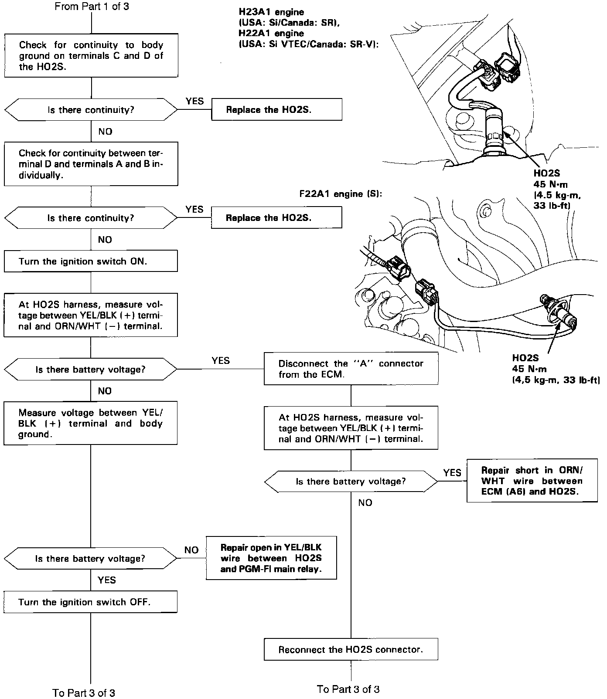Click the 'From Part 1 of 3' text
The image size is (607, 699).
click(92, 7)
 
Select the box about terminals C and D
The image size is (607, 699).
click(91, 56)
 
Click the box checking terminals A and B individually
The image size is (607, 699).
click(91, 164)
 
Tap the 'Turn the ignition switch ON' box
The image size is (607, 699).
click(91, 261)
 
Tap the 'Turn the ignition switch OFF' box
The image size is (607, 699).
click(91, 602)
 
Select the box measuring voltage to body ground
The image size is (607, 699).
click(91, 423)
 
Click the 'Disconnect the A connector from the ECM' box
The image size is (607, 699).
click(351, 369)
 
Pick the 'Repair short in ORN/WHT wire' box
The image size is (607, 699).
click(532, 481)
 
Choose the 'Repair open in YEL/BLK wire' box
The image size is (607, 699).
click(271, 558)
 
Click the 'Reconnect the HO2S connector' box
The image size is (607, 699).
click(351, 649)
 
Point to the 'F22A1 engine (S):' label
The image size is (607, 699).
click(341, 194)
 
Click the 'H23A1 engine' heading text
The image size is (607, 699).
click(271, 12)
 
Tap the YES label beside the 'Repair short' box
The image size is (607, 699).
click(452, 472)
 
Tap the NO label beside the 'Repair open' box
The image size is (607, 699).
click(191, 550)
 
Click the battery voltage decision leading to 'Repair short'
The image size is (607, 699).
click(351, 482)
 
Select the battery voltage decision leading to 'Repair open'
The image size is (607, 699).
click(90, 559)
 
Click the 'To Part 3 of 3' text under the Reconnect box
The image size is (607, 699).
click(348, 689)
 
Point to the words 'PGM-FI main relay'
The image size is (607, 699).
click(284, 569)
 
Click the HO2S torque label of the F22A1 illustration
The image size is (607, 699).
click(556, 369)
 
